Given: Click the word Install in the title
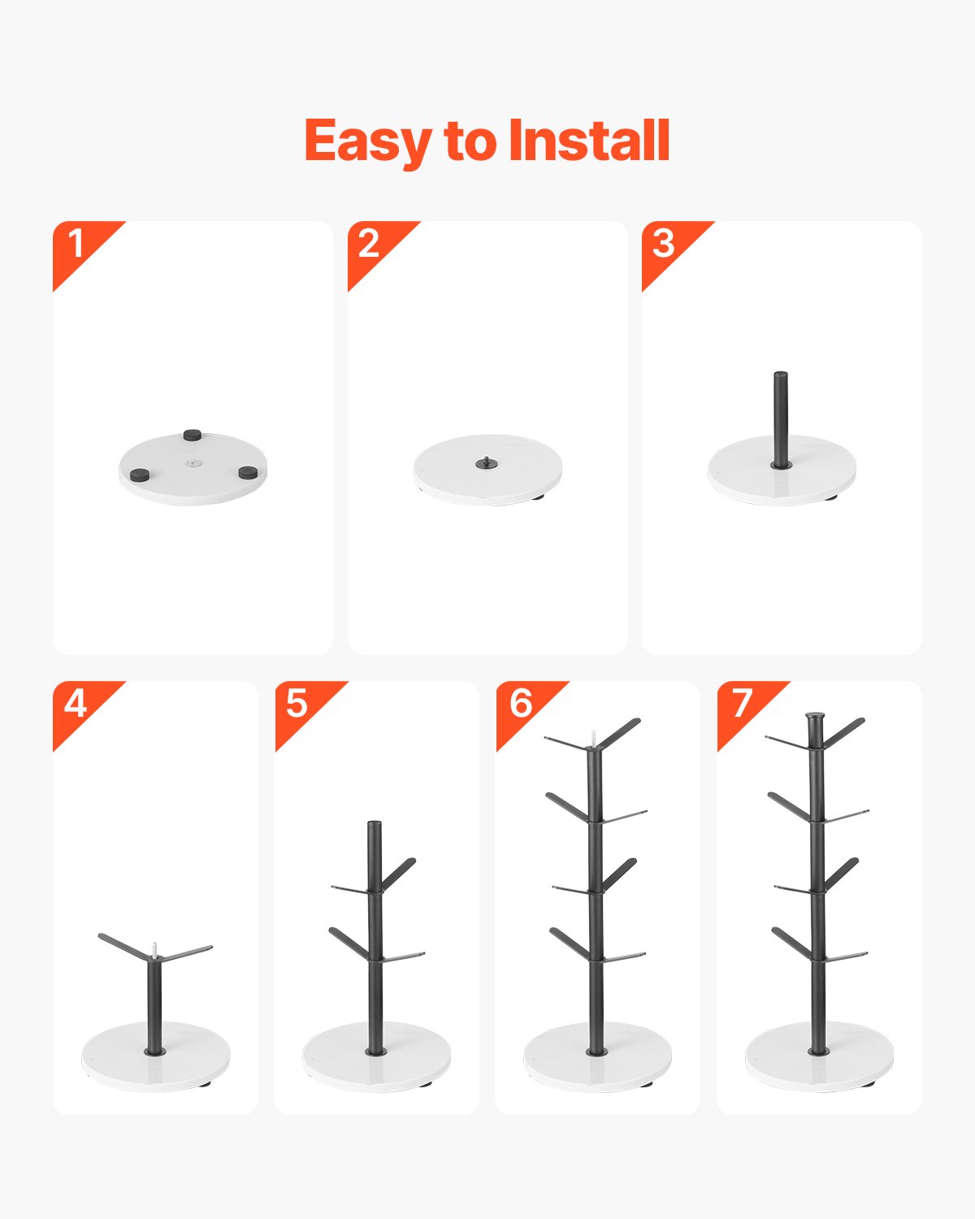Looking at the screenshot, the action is (589, 141).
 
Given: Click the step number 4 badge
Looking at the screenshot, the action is (75, 703).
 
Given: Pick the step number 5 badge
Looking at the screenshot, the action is (297, 703).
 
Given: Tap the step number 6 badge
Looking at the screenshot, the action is (520, 703).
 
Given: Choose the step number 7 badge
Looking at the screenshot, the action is (741, 703).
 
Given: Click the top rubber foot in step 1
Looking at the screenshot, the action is (193, 436).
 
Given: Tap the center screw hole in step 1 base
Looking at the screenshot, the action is (193, 463).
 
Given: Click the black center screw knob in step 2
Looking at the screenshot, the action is (486, 463).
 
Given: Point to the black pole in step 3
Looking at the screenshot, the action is (781, 419).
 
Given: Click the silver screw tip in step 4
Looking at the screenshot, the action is (153, 948).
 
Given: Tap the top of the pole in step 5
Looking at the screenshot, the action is (374, 826).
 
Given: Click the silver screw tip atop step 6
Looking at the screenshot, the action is (595, 737).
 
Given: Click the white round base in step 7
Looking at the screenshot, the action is (780, 1065).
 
